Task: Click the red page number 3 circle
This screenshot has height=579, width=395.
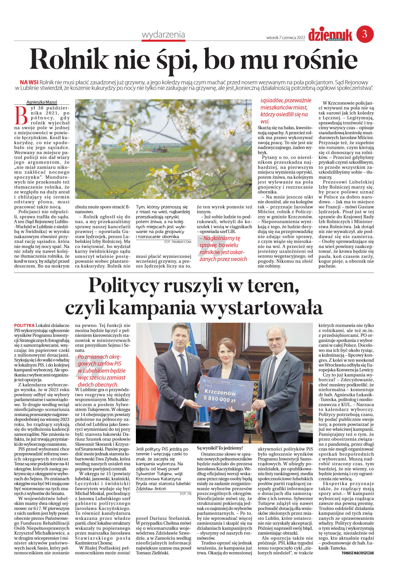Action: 365,34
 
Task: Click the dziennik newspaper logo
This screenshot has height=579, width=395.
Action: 330,35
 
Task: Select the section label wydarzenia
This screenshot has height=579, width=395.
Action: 163,35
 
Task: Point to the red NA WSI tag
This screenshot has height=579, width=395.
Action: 29,82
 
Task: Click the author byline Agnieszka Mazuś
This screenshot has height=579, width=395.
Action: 42,102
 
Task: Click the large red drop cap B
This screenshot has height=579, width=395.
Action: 21,115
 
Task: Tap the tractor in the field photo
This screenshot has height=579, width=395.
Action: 159,149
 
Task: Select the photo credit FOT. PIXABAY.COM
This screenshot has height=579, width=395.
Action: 177,242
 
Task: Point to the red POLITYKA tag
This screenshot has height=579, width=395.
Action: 24,325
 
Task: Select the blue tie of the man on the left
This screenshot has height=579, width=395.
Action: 183,368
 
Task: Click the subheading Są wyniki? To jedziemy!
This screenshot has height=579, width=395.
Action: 220,448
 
